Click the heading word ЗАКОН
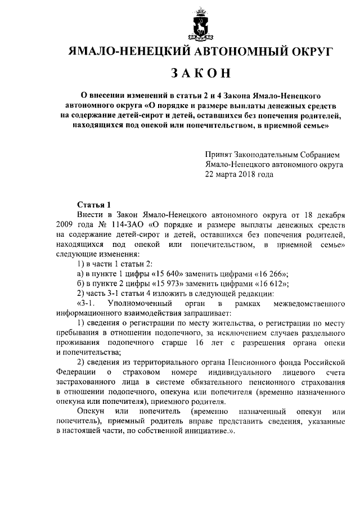click(x=200, y=73)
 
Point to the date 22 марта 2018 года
click(x=239, y=174)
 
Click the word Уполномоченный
click(x=140, y=304)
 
